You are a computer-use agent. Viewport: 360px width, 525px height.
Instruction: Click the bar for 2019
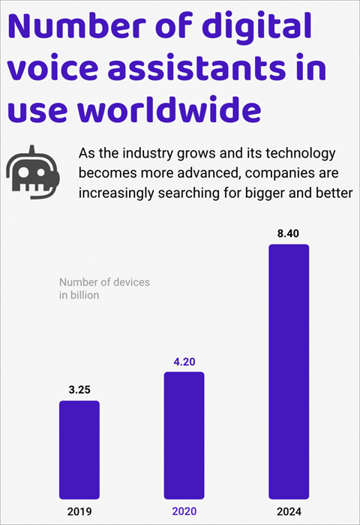point(79,449)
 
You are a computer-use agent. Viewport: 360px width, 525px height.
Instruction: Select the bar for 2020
point(184,435)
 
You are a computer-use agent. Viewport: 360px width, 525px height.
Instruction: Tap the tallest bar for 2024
point(289,371)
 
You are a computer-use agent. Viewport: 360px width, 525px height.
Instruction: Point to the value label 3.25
point(79,391)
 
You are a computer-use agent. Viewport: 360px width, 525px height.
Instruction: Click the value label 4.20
point(184,361)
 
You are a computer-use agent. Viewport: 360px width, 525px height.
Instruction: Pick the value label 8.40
point(289,233)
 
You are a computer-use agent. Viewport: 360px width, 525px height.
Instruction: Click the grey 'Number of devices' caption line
point(104,282)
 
